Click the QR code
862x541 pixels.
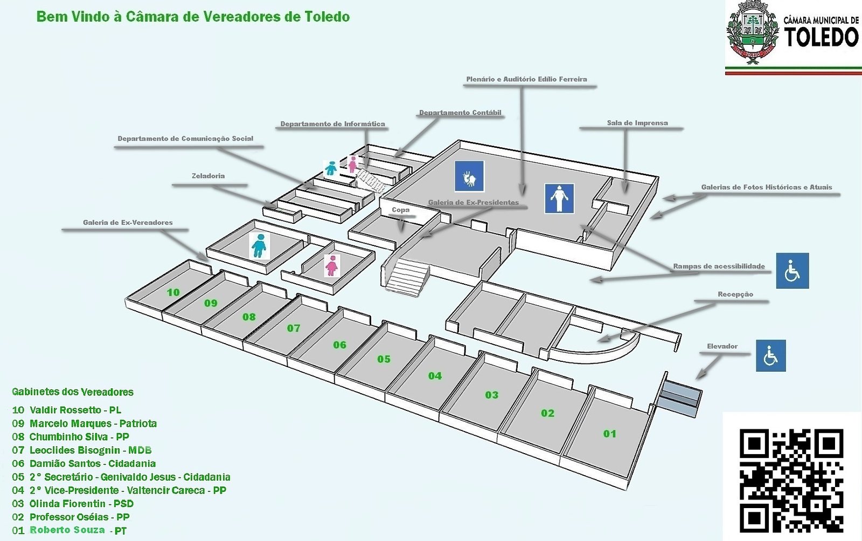[x=791, y=479]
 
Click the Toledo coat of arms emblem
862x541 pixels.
[x=753, y=33]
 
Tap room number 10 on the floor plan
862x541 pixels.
[x=173, y=292]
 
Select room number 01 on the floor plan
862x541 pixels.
[x=609, y=434]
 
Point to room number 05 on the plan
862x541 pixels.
[x=384, y=359]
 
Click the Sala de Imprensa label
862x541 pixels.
[x=637, y=123]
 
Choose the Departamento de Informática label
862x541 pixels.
[x=332, y=124]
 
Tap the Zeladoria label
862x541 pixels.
[x=208, y=176]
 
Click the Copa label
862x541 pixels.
[x=400, y=210]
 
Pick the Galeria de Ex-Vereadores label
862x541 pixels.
[x=128, y=222]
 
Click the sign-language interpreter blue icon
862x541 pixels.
[x=469, y=176]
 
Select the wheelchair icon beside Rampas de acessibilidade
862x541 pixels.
[x=792, y=270]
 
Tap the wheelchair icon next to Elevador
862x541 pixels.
[x=770, y=355]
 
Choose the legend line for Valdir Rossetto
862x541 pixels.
[x=67, y=410]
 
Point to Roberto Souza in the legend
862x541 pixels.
[x=67, y=530]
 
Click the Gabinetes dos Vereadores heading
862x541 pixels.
[x=73, y=392]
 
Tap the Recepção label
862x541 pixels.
[x=735, y=295]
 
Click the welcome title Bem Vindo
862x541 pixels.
[x=193, y=17]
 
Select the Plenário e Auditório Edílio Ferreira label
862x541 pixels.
[x=526, y=79]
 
